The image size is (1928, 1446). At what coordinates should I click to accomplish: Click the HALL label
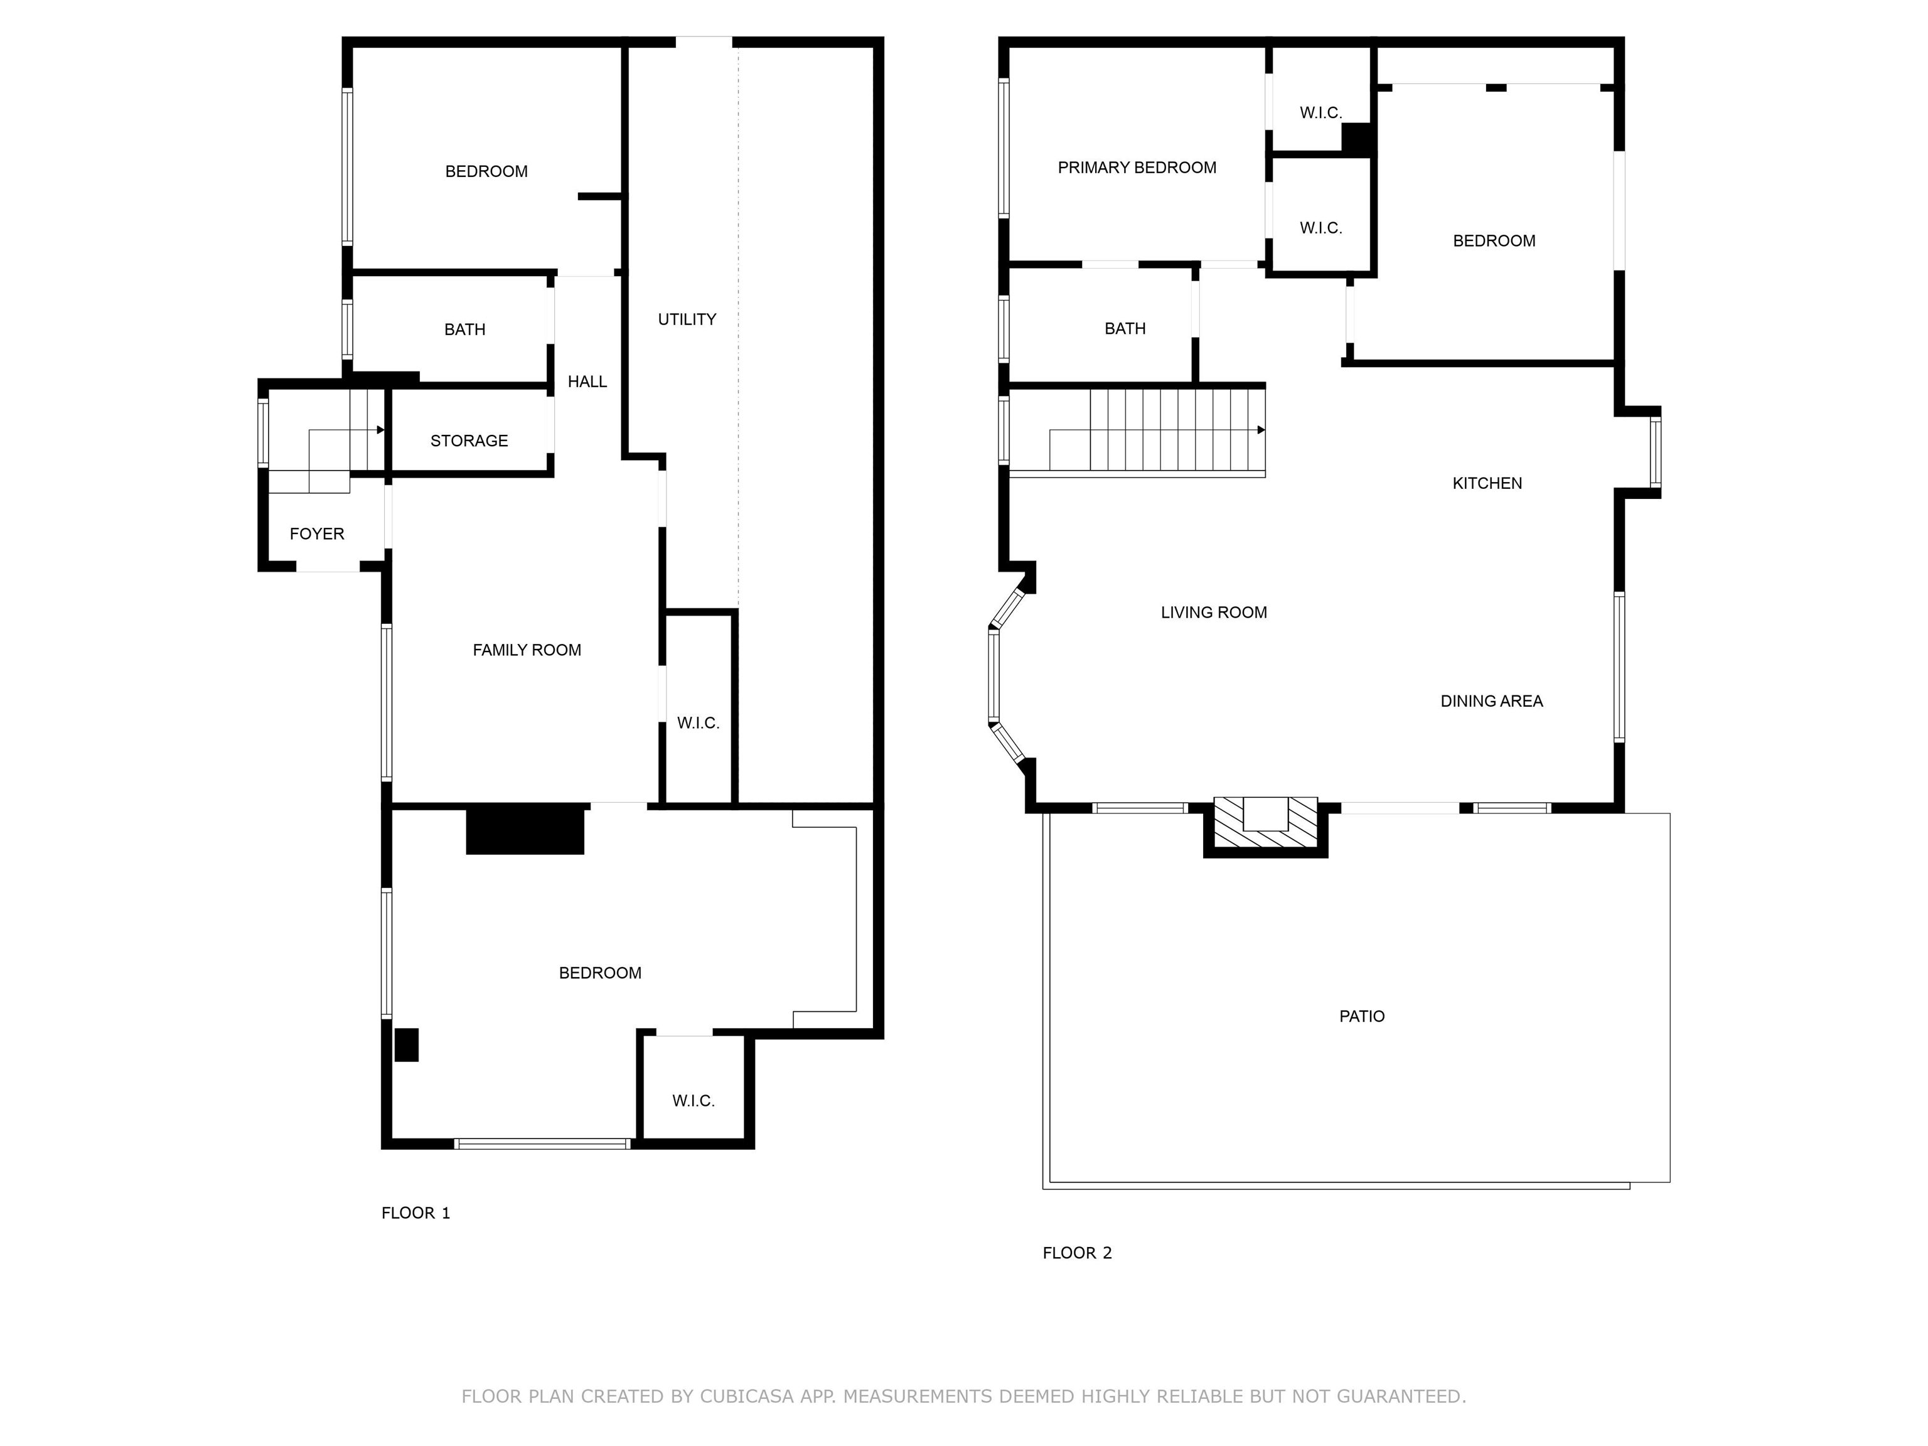587,382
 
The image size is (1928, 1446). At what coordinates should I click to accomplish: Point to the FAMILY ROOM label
527,650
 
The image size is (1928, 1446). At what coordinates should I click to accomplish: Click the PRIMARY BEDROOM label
1137,168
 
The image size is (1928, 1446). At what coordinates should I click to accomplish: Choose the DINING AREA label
1491,702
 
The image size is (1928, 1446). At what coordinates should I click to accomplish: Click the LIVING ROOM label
1213,613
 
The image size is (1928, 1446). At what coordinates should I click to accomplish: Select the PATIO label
1361,1016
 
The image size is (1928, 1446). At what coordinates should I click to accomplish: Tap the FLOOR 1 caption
415,1213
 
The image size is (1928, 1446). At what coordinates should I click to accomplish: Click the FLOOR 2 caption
1078,1253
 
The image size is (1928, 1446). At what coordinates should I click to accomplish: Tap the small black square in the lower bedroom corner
406,1045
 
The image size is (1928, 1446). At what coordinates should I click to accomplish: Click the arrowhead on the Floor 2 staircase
1261,431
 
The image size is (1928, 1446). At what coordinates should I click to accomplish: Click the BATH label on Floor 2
1125,329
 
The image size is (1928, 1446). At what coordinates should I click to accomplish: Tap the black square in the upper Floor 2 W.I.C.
1356,139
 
